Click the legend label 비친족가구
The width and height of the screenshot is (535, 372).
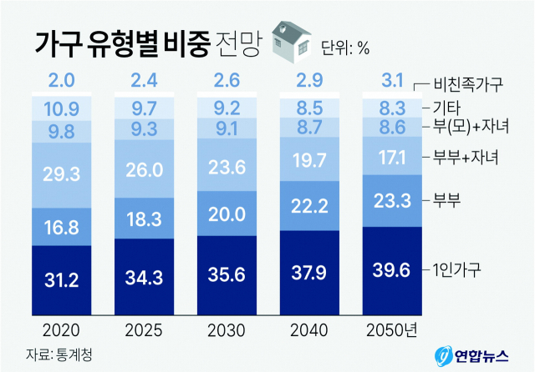(x=471, y=83)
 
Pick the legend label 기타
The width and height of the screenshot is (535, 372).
(x=447, y=107)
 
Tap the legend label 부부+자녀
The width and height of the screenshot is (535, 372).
(x=466, y=156)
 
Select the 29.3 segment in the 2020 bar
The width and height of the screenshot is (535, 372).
(x=61, y=173)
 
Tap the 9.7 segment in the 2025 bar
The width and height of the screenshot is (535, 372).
(x=144, y=108)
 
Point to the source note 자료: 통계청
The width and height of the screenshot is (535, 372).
(x=58, y=354)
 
